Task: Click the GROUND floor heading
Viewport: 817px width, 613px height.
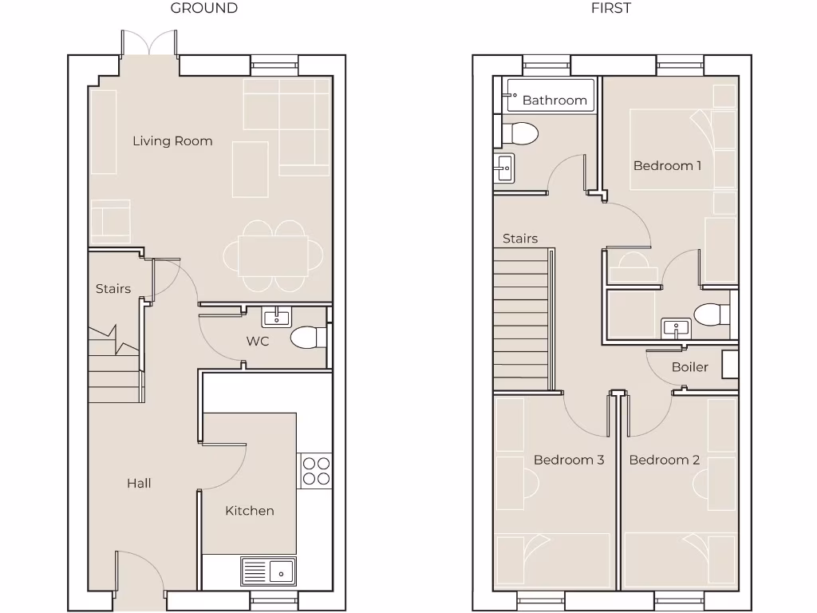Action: tap(204, 9)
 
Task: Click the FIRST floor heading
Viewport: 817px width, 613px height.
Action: tap(610, 9)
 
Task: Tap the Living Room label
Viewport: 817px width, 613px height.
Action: tap(172, 141)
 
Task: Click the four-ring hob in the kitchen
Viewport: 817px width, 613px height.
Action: tap(315, 470)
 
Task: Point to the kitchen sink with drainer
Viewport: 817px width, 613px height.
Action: tap(268, 571)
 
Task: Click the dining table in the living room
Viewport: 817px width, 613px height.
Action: tap(273, 255)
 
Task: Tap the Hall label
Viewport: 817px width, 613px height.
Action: tap(139, 483)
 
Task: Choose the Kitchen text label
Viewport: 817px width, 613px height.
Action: tap(249, 511)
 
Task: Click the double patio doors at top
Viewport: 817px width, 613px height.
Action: tap(148, 44)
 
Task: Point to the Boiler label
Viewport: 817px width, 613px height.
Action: tap(689, 367)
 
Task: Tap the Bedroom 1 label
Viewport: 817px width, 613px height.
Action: tap(667, 166)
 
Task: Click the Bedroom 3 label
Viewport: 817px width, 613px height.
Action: tap(568, 460)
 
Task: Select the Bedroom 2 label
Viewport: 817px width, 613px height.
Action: tap(664, 460)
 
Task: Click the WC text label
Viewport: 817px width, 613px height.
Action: tap(258, 342)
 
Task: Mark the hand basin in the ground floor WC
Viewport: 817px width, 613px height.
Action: tap(277, 317)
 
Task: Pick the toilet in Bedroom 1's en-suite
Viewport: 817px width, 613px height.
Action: tap(709, 315)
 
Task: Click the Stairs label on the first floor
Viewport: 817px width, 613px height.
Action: tap(519, 239)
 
